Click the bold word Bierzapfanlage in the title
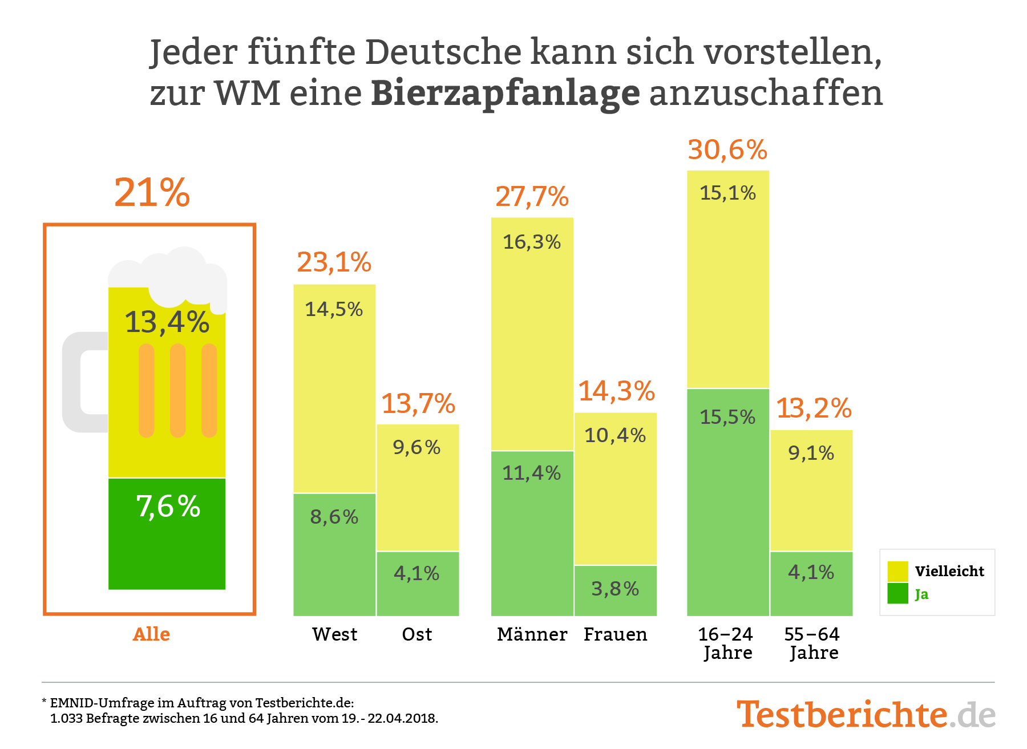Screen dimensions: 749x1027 point(506,94)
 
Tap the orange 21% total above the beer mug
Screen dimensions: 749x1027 point(152,193)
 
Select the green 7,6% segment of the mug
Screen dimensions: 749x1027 point(167,533)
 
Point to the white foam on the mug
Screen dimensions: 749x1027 point(171,274)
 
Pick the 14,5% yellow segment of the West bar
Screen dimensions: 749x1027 point(334,388)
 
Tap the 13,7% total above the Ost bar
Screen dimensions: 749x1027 point(418,404)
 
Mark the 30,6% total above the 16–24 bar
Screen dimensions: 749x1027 point(727,150)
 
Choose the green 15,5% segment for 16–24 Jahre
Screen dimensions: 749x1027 point(727,502)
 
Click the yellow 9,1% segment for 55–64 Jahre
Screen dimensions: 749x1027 point(811,491)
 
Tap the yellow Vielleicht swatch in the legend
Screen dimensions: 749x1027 point(897,571)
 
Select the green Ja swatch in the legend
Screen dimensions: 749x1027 point(897,594)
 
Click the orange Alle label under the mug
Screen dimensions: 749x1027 point(151,634)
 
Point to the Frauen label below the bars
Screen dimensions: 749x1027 point(615,634)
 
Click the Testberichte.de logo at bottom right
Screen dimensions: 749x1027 point(865,714)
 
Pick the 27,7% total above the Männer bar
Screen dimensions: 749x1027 point(532,197)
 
